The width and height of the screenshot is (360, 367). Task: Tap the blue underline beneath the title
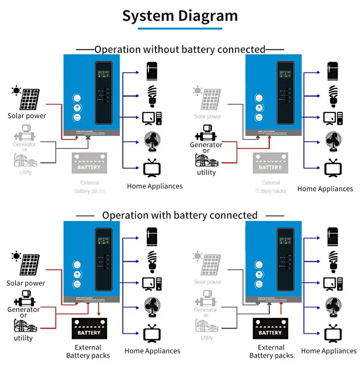pyautogui.click(x=180, y=29)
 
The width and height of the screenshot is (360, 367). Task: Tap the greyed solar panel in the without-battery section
pyautogui.click(x=211, y=98)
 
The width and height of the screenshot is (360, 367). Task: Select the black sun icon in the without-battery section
pyautogui.click(x=17, y=90)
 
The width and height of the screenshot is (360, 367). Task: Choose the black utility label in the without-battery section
pyautogui.click(x=206, y=172)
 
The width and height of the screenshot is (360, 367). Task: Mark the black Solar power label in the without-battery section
pyautogui.click(x=27, y=116)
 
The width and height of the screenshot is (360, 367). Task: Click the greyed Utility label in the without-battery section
pyautogui.click(x=25, y=171)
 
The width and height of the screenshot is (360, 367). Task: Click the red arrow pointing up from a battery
pyautogui.click(x=281, y=306)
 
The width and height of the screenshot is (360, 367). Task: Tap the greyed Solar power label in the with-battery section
pyautogui.click(x=207, y=281)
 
